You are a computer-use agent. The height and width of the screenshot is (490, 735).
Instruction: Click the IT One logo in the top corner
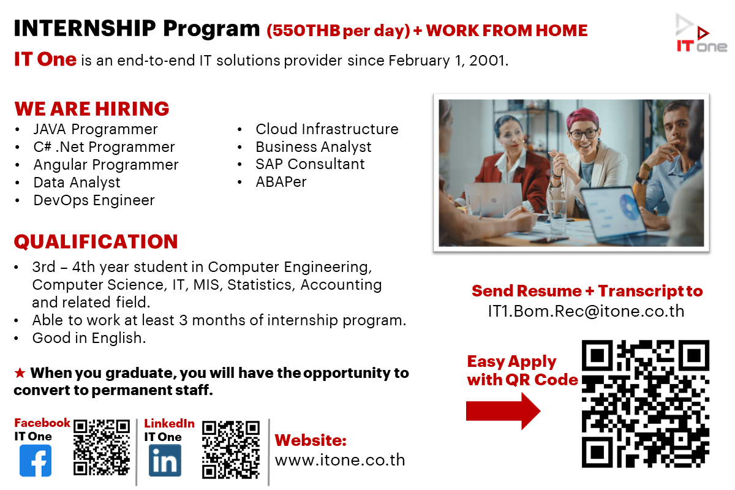(x=701, y=33)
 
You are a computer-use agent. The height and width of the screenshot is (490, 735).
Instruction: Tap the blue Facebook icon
(x=36, y=461)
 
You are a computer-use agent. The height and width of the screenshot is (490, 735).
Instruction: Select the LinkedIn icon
(x=165, y=460)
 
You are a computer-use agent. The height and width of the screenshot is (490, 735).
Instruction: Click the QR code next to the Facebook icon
(x=102, y=447)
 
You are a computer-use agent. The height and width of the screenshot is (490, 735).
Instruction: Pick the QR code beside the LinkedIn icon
(x=231, y=450)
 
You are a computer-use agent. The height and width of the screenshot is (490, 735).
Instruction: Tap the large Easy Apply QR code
(x=646, y=404)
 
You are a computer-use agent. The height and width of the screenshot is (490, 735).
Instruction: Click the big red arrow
(x=503, y=411)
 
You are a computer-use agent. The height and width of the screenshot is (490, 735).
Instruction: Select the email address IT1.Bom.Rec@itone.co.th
(x=586, y=311)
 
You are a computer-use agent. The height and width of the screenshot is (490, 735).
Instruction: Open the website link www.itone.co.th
(x=340, y=460)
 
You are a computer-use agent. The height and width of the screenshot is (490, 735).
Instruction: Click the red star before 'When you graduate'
(x=20, y=373)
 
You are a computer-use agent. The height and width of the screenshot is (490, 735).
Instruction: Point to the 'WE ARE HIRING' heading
(x=92, y=108)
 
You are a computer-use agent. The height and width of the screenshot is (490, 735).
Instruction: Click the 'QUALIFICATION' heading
(x=96, y=241)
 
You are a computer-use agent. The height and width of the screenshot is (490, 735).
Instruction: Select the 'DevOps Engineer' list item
(x=94, y=200)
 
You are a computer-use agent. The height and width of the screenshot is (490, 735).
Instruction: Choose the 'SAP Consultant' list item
(x=310, y=164)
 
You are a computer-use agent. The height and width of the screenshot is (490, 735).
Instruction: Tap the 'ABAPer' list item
(x=281, y=182)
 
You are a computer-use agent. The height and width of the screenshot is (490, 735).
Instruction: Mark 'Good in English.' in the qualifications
(x=89, y=338)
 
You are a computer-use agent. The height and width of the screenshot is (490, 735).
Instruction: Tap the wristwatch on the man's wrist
(x=640, y=178)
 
